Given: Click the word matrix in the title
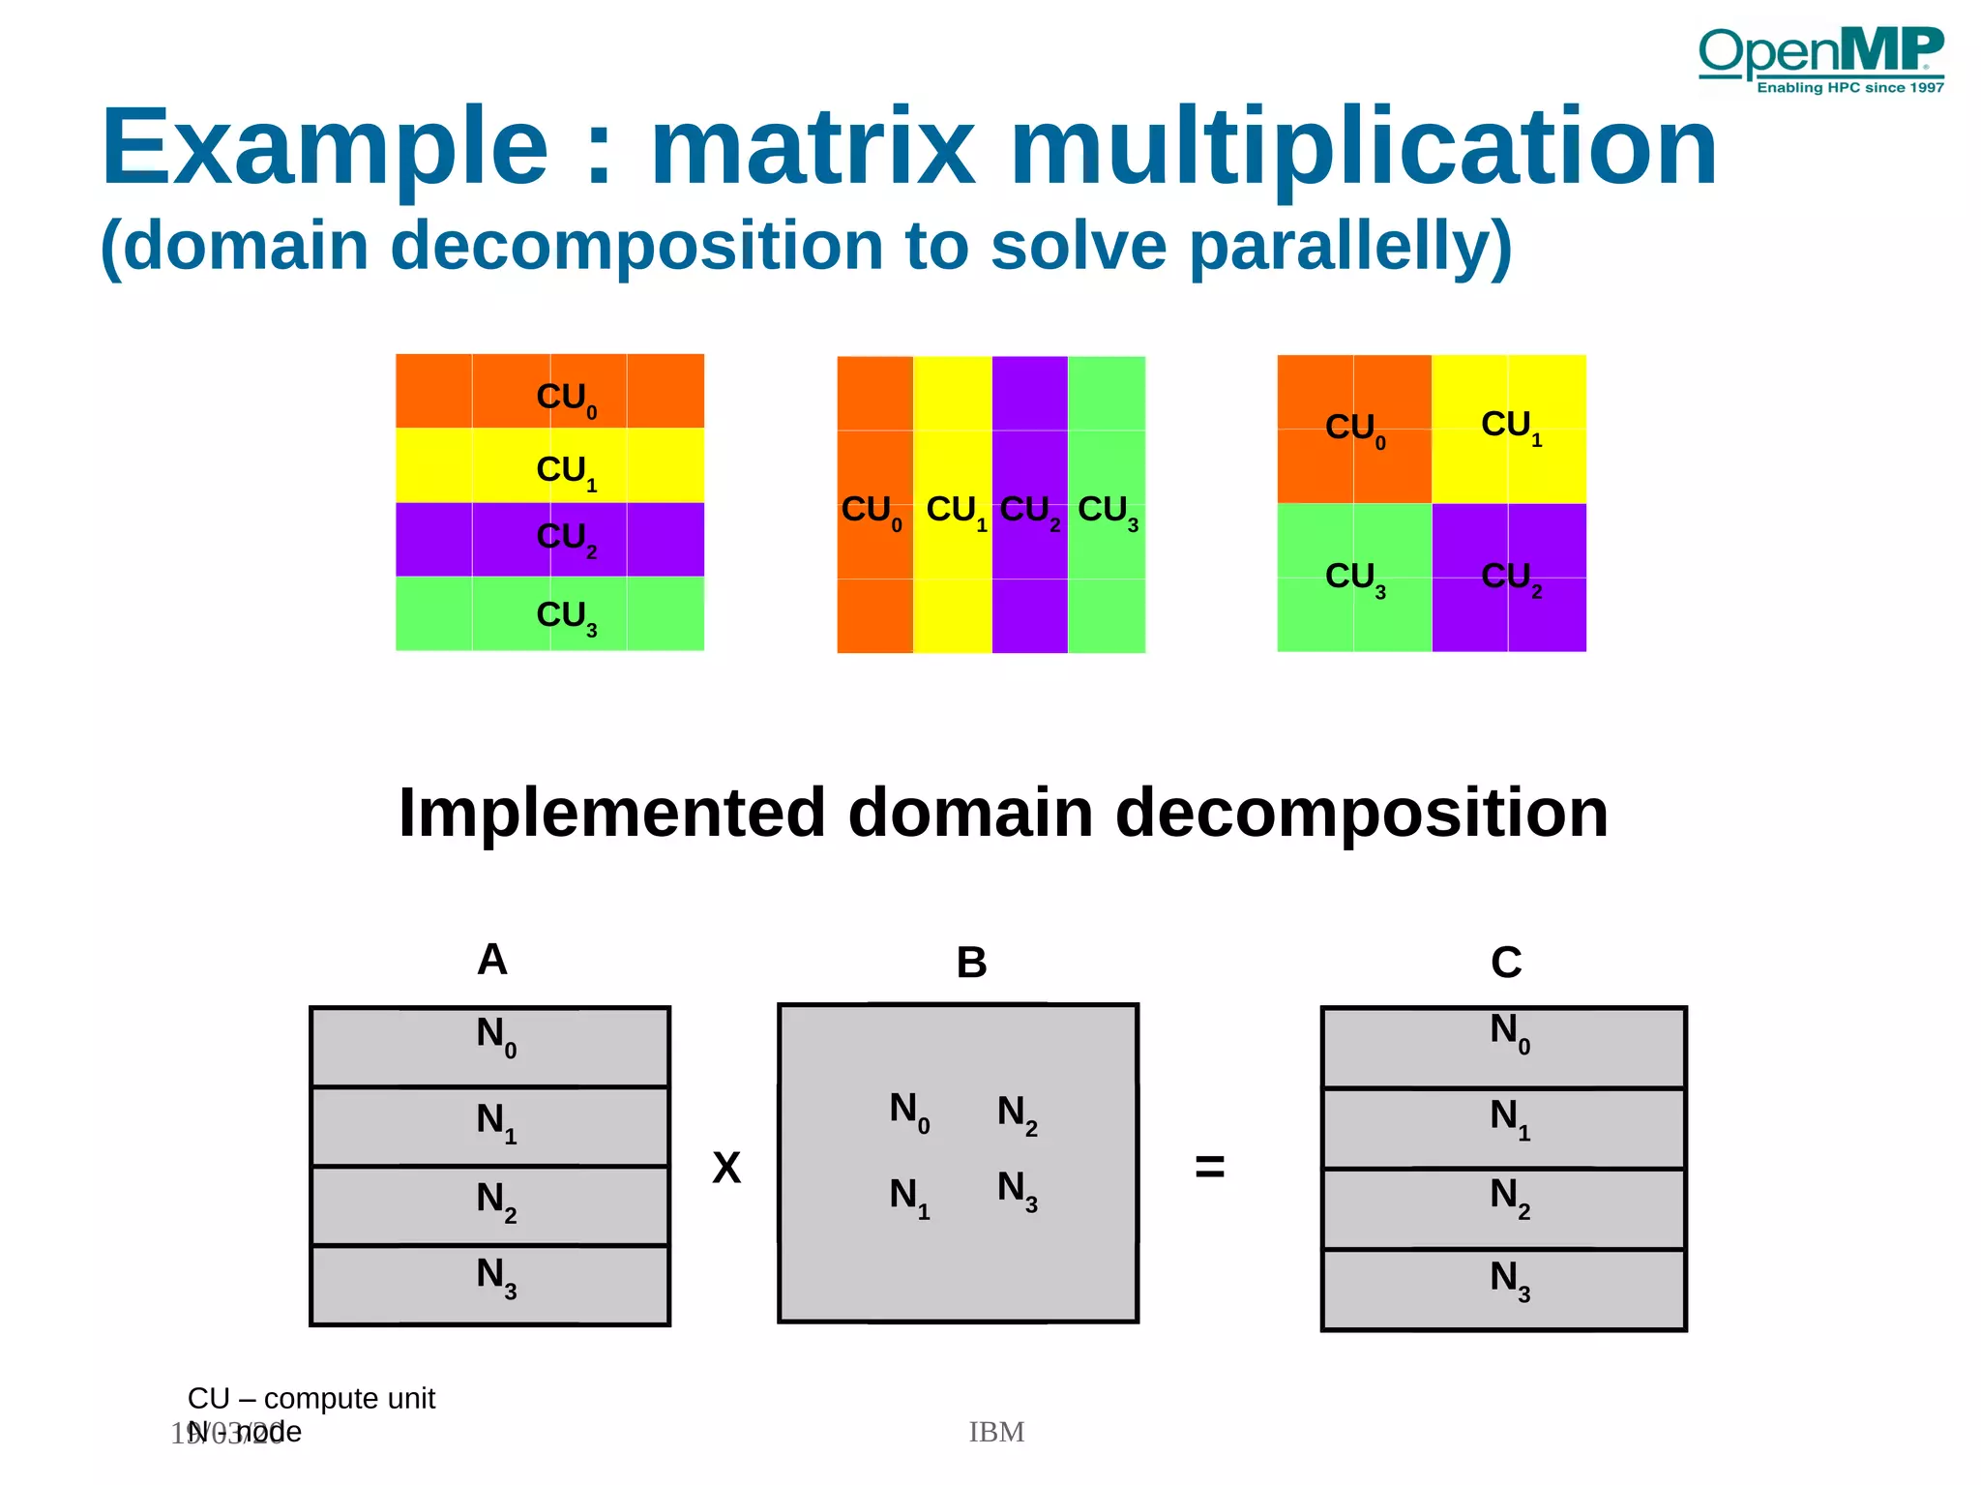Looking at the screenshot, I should pos(813,147).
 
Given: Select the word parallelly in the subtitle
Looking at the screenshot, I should pos(1349,246).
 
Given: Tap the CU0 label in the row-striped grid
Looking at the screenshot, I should pos(566,398).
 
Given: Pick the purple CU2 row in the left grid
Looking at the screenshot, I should pos(549,539).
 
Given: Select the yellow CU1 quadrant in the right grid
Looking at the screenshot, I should pos(1509,428).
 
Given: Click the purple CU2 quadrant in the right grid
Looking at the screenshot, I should pos(1509,578).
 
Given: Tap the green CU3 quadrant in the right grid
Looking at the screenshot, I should pos(1354,578).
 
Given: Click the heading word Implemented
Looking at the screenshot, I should pos(611,813).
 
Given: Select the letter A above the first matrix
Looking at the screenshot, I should pos(492,960).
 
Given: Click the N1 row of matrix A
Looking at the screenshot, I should pos(490,1125).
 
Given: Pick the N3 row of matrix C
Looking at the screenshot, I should pos(1504,1289).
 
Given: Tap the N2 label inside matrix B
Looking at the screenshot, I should pos(1017,1114).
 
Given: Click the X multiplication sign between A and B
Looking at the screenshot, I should pos(726,1168).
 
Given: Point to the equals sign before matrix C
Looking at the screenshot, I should pos(1209,1166).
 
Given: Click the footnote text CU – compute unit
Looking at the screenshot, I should pos(311,1398).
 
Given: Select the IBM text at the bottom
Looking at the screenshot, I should pos(996,1432).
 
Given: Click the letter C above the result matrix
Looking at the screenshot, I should pos(1506,963).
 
